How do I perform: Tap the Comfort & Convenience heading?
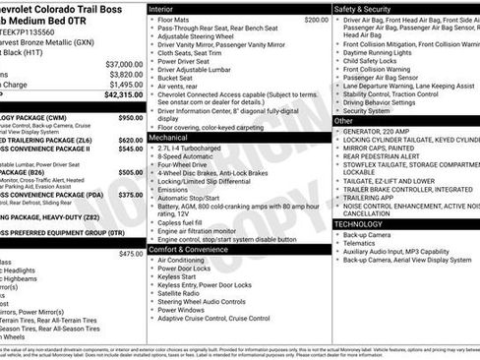pyautogui.click(x=193, y=250)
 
